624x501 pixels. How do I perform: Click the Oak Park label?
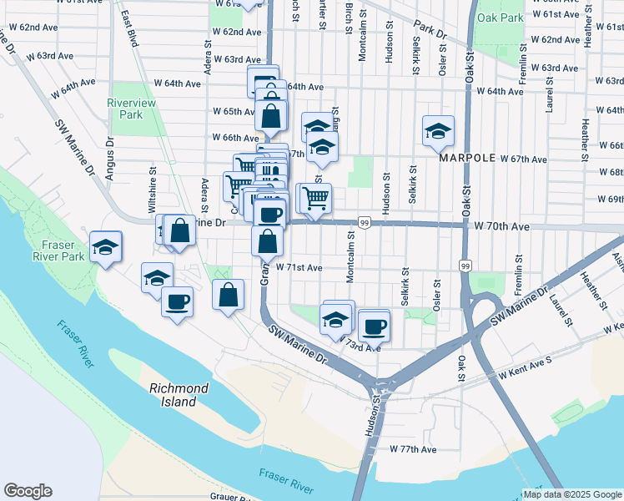coord(500,17)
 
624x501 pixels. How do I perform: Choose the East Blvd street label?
coord(128,28)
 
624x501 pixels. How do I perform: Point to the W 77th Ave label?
coord(413,449)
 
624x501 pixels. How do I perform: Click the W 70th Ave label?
coord(502,226)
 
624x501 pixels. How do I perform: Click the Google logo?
coord(28,491)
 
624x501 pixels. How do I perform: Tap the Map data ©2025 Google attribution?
coord(571,494)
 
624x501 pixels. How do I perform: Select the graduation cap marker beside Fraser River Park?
coord(106,247)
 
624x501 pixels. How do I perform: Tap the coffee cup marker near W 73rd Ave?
coord(375,324)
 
